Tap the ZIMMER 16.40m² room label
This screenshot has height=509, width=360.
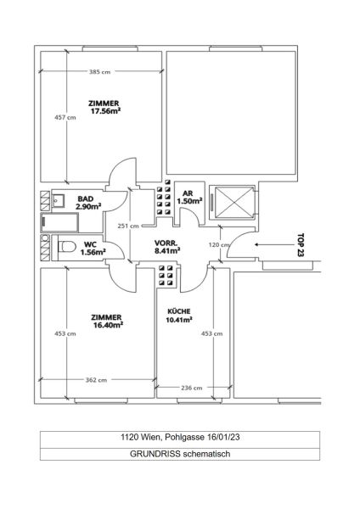(108, 320)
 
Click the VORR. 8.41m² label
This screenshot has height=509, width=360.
(166, 248)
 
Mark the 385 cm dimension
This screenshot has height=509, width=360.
(101, 72)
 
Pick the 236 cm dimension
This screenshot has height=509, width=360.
(193, 388)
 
